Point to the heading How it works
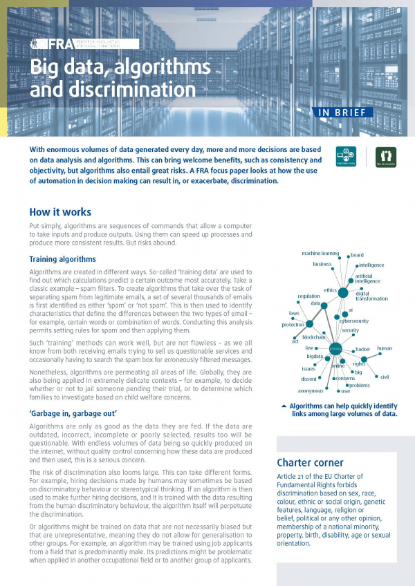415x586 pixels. point(60,212)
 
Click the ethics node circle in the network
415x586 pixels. point(342,293)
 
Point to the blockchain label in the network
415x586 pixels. point(314,337)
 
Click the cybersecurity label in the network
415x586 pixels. point(353,321)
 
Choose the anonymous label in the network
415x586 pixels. point(311,390)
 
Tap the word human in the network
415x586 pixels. point(385,348)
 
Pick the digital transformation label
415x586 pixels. point(371,296)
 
